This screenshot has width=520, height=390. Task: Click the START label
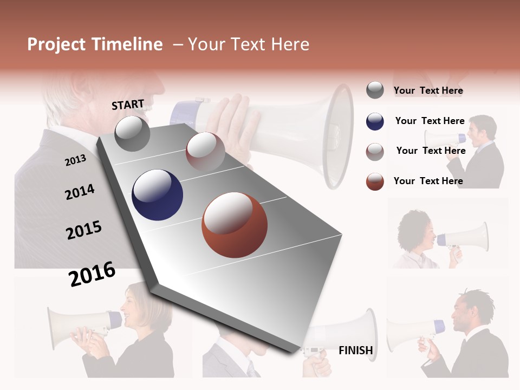(x=128, y=105)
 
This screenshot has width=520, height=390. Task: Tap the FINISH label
(x=355, y=350)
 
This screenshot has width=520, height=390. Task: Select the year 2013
(x=75, y=160)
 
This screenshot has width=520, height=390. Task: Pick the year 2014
(x=80, y=192)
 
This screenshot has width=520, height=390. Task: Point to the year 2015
(x=84, y=230)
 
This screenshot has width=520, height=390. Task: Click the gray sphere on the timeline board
(x=133, y=133)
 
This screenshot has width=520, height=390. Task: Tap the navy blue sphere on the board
(x=157, y=195)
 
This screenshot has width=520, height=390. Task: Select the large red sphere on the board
(x=235, y=225)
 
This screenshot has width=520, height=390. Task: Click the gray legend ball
(x=375, y=90)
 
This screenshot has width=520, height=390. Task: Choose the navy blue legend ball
(x=375, y=121)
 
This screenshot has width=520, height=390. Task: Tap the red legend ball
(x=375, y=181)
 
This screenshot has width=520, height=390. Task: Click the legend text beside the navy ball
(x=430, y=121)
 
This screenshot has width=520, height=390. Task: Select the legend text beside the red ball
(x=428, y=181)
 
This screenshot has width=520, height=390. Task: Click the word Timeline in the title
(x=126, y=44)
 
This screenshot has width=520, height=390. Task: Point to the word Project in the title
(x=56, y=44)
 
